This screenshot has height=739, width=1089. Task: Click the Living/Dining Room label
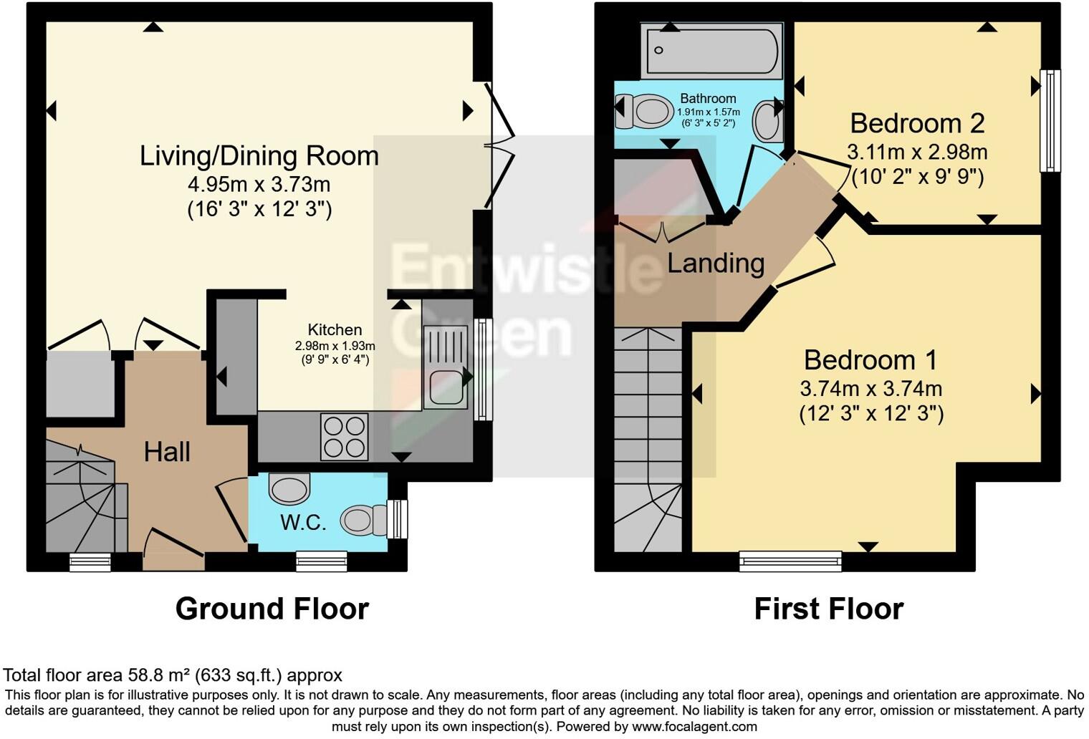tap(259, 156)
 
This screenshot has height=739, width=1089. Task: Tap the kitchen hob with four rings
tap(345, 437)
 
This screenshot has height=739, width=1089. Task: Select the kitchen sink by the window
tap(446, 366)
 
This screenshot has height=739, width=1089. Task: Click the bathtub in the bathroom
tap(713, 51)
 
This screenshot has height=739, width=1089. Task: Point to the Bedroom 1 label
tap(870, 359)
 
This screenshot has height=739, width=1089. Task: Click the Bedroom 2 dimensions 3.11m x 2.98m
tap(916, 152)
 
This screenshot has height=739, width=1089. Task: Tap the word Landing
tap(716, 264)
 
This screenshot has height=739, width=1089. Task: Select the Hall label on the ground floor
tap(167, 452)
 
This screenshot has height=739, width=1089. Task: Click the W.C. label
tap(303, 522)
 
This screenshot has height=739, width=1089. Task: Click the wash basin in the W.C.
tap(289, 490)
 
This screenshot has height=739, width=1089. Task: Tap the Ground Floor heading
tap(272, 609)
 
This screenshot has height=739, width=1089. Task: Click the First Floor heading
tap(829, 609)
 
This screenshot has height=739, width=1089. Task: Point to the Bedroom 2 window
tap(1050, 120)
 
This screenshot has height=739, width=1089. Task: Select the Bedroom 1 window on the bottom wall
tap(790, 561)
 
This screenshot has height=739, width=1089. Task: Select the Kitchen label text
tap(335, 330)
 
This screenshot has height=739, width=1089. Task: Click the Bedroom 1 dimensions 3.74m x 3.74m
tap(870, 389)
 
